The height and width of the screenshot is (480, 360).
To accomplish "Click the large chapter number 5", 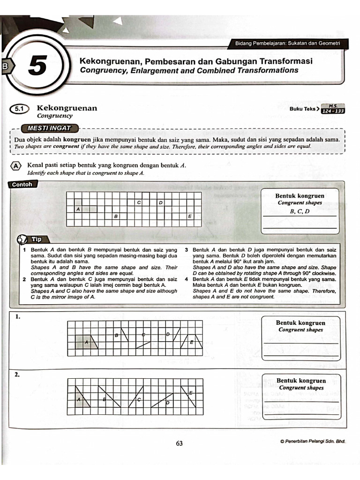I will tap(37, 66).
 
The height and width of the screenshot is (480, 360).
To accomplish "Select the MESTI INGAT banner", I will tap(49, 128).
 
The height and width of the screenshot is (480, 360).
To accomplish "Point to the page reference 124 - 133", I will tap(333, 111).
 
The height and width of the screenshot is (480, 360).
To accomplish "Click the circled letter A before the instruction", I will tap(16, 166).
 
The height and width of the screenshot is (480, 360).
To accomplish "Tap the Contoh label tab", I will tap(22, 185).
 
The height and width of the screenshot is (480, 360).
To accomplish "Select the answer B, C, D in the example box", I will tap(300, 211).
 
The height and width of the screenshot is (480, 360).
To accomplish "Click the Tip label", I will tap(36, 239).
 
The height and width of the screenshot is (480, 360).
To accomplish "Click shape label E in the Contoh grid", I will tap(189, 217).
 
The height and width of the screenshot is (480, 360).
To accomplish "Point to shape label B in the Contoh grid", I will tap(115, 217).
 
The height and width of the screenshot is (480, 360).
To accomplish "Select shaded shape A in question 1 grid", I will tap(87, 343).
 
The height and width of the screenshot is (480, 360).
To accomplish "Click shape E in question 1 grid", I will tap(192, 343).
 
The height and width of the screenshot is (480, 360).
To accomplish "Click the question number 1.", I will tap(17, 317).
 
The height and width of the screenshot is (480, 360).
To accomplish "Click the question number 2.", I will tap(17, 375).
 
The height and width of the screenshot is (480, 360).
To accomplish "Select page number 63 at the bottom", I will tap(179, 443).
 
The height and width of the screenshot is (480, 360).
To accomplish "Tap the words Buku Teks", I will tap(303, 109).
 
